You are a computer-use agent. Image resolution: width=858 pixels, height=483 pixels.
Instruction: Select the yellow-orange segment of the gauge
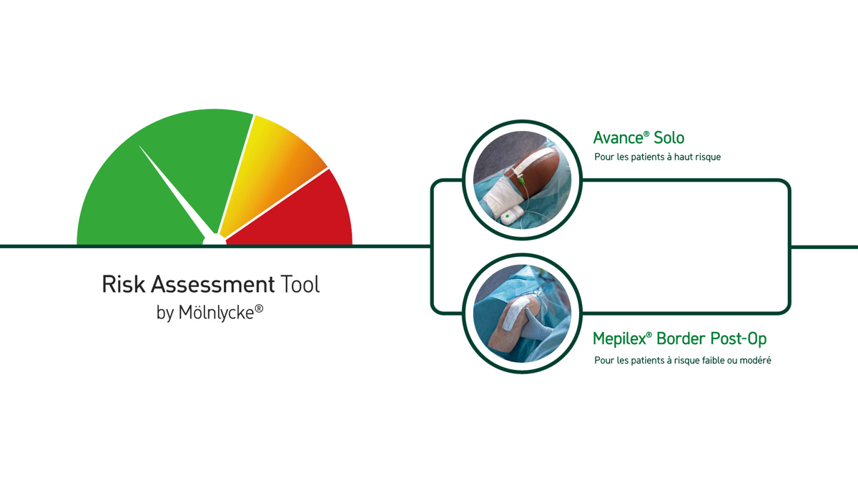click(x=268, y=169)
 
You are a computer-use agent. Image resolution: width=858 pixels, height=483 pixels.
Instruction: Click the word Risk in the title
click(x=123, y=284)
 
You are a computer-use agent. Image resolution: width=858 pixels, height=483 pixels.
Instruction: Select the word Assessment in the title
click(x=212, y=284)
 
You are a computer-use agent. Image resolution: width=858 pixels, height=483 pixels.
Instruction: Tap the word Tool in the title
click(x=300, y=284)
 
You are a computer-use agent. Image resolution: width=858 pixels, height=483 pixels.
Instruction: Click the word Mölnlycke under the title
click(x=216, y=313)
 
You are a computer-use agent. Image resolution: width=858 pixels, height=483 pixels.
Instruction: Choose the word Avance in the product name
click(x=618, y=137)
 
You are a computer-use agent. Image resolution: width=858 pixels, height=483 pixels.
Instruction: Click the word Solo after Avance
click(x=669, y=137)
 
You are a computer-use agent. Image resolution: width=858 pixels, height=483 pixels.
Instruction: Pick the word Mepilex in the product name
click(x=619, y=338)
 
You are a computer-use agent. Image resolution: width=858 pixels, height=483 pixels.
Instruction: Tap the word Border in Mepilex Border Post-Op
click(x=681, y=338)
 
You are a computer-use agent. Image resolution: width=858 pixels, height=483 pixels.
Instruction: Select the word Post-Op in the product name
click(x=739, y=339)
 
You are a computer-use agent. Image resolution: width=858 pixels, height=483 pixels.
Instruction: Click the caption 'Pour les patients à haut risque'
click(x=657, y=157)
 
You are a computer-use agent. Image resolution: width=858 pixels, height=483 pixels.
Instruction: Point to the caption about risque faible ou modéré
click(x=683, y=361)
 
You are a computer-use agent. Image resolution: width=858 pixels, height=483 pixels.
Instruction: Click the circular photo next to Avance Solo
click(x=523, y=180)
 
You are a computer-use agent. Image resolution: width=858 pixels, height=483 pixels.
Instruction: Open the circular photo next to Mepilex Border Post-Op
click(x=523, y=313)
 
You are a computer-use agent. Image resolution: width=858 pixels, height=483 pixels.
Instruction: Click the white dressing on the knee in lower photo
click(x=518, y=313)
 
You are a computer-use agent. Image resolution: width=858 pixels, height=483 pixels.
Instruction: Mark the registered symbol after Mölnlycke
click(x=259, y=308)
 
